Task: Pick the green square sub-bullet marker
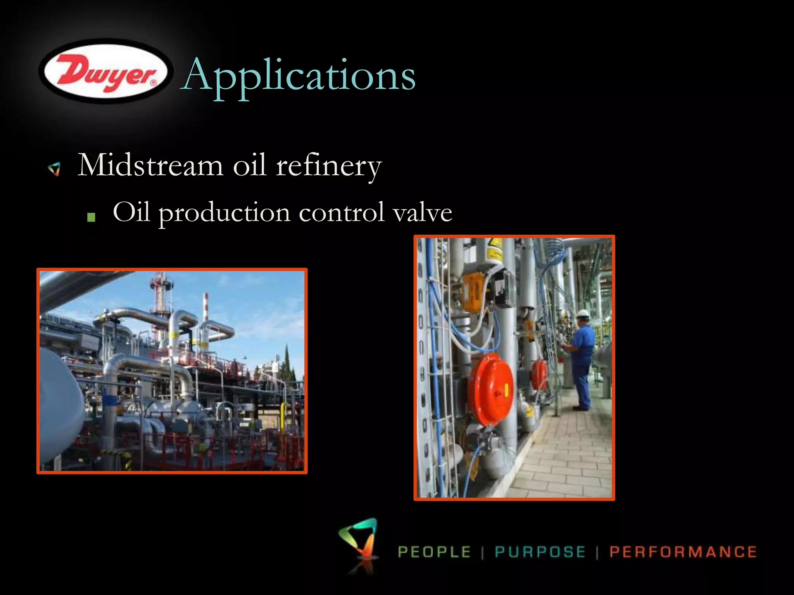[x=91, y=217]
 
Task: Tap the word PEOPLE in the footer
[x=435, y=552]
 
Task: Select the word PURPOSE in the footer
[x=540, y=552]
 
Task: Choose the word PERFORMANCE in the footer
[x=683, y=552]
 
